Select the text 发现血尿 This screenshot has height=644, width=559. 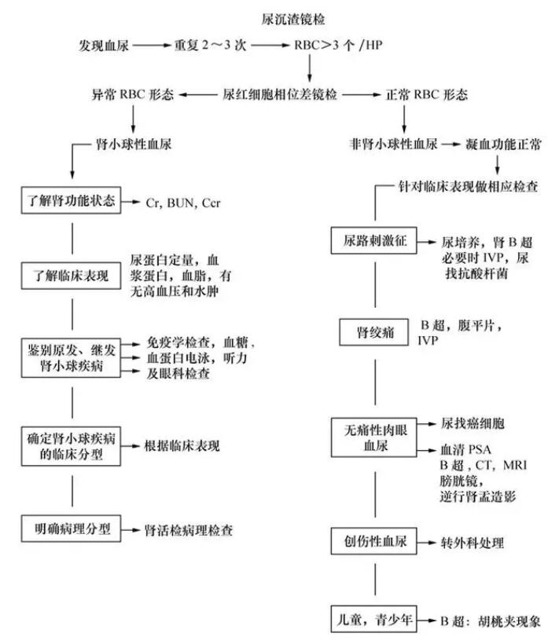(105, 46)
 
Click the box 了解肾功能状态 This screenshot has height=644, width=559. (72, 202)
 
